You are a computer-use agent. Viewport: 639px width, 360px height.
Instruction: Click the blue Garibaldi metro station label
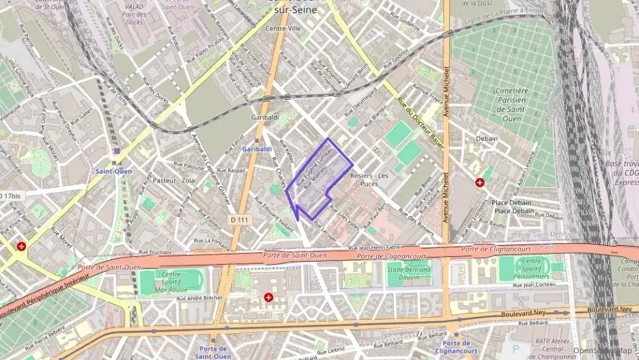point(257,149)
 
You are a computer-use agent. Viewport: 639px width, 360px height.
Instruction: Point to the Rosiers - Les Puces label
point(369,179)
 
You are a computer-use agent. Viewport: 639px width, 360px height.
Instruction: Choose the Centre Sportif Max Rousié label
point(171,280)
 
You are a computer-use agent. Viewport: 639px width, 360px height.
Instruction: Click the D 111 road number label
point(240,219)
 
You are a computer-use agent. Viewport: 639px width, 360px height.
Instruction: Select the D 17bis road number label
point(12,196)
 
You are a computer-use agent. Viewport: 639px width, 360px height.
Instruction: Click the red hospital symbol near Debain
point(480,182)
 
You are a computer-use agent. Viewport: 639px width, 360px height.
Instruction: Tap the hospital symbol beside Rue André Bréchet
point(268,298)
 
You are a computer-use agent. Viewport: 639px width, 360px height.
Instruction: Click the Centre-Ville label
point(283,29)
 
